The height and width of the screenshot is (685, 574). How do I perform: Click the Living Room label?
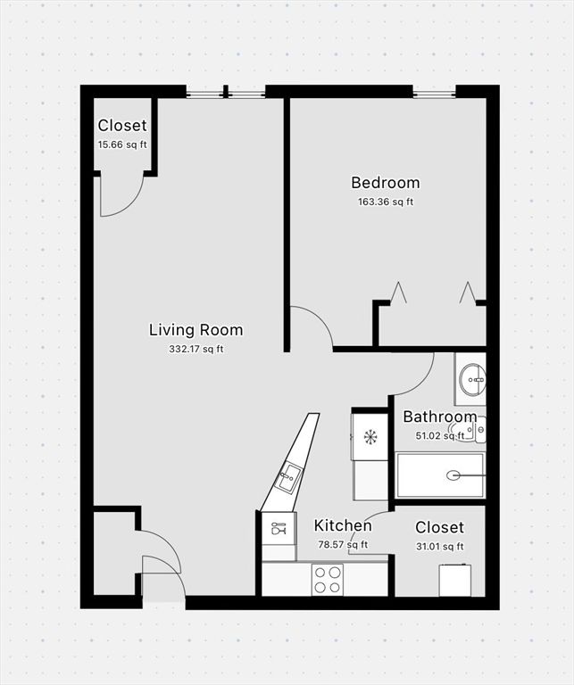[x=195, y=330]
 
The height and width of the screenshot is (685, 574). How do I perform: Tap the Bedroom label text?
[x=385, y=183]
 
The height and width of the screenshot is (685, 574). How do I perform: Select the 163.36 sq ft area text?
[x=385, y=202]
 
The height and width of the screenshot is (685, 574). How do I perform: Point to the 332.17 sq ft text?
[x=195, y=349]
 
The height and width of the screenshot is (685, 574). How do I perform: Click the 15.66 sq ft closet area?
[x=122, y=144]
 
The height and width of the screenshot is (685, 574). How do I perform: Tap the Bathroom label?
[x=439, y=417]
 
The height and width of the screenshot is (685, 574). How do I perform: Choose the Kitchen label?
[x=343, y=525]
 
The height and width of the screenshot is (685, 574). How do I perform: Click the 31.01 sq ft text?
[x=439, y=547]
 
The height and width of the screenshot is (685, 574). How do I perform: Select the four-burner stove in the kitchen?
[x=328, y=579]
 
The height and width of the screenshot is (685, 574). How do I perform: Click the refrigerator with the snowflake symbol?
[x=370, y=436]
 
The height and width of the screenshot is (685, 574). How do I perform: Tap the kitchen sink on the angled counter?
[x=289, y=477]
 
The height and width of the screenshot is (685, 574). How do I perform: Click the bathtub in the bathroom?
[x=440, y=475]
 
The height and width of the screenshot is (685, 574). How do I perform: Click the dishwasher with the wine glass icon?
[x=278, y=527]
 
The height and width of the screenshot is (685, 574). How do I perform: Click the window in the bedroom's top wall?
[x=434, y=92]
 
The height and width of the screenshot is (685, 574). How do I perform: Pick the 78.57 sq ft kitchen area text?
[x=343, y=545]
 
